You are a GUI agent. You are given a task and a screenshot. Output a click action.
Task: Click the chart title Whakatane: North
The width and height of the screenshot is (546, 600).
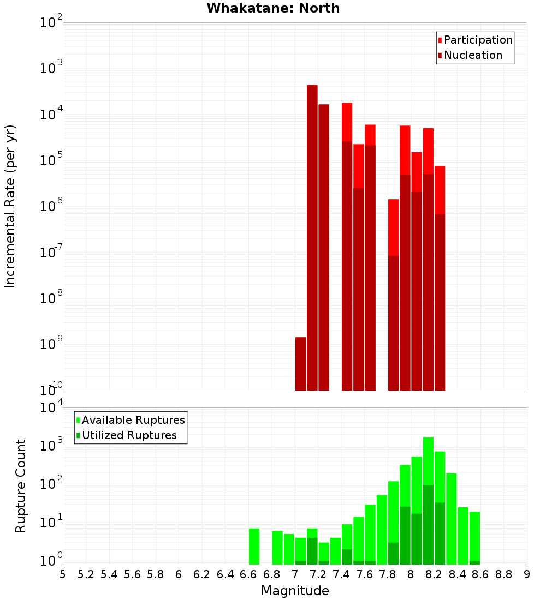[x=273, y=8]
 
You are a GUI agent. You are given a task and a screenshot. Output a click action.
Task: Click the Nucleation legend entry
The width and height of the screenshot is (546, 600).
[x=473, y=55]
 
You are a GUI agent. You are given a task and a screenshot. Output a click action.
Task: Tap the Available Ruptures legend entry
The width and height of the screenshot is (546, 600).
[x=133, y=420]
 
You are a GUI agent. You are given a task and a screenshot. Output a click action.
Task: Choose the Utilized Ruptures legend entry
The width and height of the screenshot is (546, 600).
[x=129, y=435]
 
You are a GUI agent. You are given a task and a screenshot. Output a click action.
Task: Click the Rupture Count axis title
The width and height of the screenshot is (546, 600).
[x=21, y=486]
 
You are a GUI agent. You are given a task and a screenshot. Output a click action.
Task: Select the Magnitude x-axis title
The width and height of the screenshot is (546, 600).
[x=295, y=591]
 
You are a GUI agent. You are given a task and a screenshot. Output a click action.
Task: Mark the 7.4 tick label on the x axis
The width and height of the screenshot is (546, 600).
[x=341, y=574]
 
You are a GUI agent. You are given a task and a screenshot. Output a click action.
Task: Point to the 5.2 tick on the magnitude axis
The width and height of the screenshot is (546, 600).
[x=86, y=574]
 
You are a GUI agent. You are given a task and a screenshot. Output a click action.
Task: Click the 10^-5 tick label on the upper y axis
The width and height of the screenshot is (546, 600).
[x=51, y=160]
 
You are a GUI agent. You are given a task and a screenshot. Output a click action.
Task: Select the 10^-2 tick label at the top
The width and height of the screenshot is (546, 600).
[x=51, y=23]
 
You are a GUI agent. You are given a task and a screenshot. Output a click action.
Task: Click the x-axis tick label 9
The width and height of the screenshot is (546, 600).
[x=527, y=574]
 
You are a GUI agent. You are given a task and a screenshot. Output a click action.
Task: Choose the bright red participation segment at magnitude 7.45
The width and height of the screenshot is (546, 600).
[x=347, y=122]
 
